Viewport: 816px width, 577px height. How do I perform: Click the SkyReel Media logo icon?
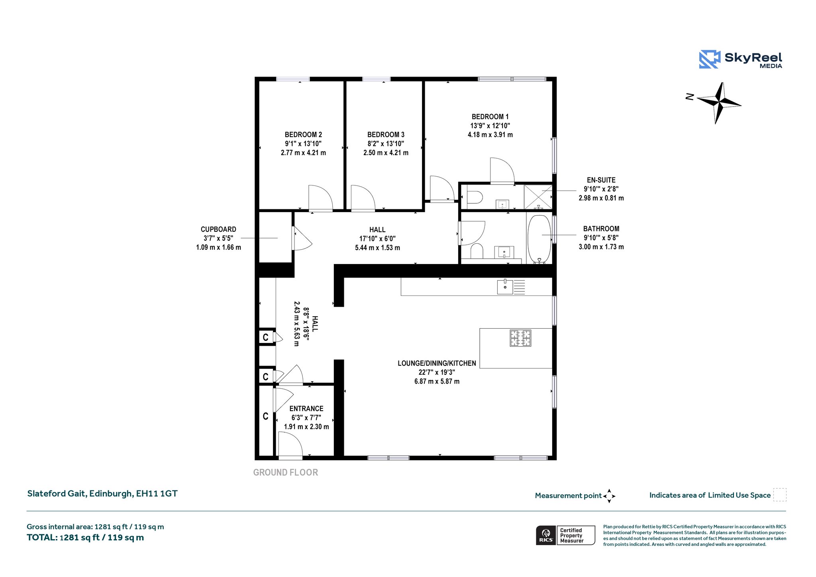coord(710,59)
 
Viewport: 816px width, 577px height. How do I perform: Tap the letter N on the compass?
coord(689,96)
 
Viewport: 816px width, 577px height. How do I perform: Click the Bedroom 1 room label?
coord(490,117)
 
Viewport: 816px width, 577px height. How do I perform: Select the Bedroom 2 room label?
coord(303,135)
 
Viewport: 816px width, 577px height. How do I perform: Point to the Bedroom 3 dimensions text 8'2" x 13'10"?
coord(386,144)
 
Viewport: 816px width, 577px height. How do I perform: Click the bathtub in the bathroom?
coord(539,239)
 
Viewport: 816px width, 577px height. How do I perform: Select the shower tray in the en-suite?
coord(538,197)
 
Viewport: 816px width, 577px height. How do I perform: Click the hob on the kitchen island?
coord(520,338)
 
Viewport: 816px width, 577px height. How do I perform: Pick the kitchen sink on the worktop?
coord(505,287)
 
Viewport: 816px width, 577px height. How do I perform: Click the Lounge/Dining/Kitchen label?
coord(437,363)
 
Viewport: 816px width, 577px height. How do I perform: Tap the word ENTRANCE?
coord(306,409)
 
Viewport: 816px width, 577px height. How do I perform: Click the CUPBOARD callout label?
coord(218,229)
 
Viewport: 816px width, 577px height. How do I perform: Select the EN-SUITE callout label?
coord(601,180)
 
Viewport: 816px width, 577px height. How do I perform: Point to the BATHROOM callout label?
coord(601,229)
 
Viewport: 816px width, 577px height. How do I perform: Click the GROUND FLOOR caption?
coord(286,473)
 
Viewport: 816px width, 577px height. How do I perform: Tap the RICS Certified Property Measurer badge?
coord(565,535)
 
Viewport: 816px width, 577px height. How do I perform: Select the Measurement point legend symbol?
coord(609,496)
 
